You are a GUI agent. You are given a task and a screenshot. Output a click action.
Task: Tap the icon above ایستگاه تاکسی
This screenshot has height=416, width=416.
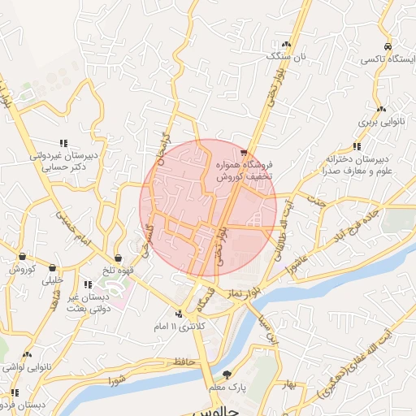tap(388, 46)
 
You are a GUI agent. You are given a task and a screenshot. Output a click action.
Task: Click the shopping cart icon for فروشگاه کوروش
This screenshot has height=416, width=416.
tap(244, 152)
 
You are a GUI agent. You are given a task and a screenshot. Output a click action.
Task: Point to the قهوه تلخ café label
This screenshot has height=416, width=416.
tap(119, 270)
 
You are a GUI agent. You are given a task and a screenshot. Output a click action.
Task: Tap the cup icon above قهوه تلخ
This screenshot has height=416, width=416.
tap(119, 258)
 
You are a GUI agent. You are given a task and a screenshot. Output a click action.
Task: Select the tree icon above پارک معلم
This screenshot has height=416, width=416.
tap(227, 375)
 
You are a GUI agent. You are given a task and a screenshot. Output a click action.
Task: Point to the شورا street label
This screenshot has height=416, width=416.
tap(116, 377)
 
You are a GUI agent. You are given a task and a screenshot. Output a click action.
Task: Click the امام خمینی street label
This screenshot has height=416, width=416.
tap(71, 227)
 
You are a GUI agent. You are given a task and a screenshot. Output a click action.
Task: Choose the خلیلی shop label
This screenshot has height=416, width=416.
tap(52, 279)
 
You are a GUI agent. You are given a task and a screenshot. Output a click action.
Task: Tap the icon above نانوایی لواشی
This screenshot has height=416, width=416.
tap(28, 355)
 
